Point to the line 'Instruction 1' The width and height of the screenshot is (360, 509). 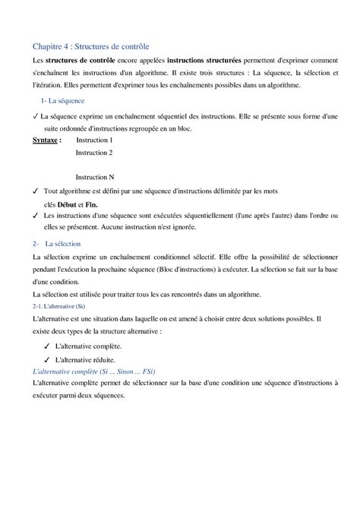tap(94, 141)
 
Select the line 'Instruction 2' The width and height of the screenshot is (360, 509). tap(94, 153)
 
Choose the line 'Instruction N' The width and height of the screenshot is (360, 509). tap(94, 177)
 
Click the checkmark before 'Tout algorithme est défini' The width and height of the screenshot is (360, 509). tap(36, 191)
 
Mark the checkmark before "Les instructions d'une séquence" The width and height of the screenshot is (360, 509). tap(36, 217)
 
